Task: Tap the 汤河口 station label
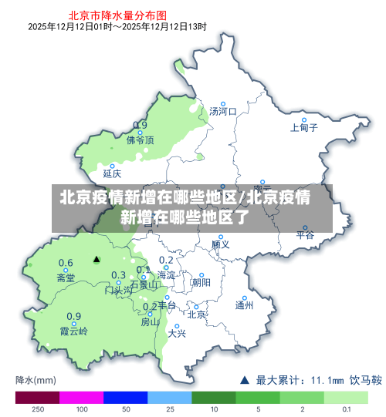pos(222,112)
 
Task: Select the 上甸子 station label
pos(303,128)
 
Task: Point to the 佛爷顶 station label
pos(140,140)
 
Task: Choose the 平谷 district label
pos(305,235)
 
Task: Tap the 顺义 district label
pos(220,244)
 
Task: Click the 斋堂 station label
pos(66,277)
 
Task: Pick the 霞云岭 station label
pos(74,331)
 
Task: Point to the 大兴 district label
pos(177,334)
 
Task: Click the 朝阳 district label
pos(201,283)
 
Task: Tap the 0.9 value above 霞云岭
pos(73,316)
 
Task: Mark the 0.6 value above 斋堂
pos(66,263)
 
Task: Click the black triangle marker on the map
pos(96,260)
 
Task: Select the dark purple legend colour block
pos(37,398)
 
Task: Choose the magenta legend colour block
pos(81,398)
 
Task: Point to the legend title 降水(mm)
pos(36,380)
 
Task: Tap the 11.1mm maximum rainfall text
pos(327,380)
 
